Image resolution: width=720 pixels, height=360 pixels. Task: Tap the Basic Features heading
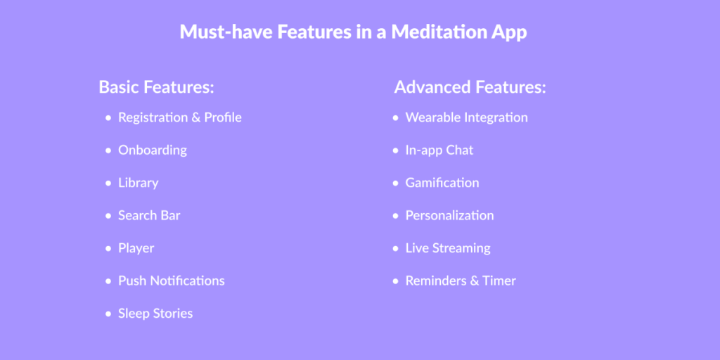[157, 86]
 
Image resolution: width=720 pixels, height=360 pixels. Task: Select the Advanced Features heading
[470, 86]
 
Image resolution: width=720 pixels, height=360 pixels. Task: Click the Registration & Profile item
[180, 117]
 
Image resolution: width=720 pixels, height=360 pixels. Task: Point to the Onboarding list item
[153, 150]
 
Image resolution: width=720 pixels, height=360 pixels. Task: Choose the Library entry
[139, 184]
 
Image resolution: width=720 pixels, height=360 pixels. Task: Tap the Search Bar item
[149, 215]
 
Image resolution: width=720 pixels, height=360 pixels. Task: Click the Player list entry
[136, 248]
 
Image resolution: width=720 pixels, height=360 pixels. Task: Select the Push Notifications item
[172, 281]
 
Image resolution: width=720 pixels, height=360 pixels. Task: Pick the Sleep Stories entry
[155, 314]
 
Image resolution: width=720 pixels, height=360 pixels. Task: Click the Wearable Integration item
[467, 118]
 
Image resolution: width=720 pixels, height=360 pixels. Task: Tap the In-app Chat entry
[439, 150]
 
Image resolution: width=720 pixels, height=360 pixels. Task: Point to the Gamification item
[442, 183]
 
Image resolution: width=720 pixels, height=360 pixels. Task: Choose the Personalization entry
[449, 215]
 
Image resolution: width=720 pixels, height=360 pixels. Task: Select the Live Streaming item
[448, 248]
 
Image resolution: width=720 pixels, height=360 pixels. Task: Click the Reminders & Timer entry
[461, 281]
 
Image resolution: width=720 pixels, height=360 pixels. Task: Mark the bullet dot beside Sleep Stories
[108, 314]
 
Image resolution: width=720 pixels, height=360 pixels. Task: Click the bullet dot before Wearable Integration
[396, 118]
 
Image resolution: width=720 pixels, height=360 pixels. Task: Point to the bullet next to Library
[108, 184]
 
